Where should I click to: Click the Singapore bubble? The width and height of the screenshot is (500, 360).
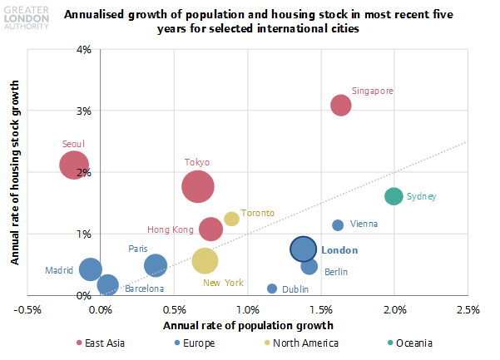coord(341,105)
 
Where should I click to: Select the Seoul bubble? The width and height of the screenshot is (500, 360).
coord(74,165)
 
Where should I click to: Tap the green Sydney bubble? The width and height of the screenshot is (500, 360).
coord(394,196)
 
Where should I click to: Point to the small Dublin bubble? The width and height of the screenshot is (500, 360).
coord(272,288)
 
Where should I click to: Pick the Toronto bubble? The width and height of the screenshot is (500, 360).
coord(231,219)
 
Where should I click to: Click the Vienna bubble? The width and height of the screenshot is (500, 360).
coord(338,225)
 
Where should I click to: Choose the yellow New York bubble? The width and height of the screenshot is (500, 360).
coord(205,260)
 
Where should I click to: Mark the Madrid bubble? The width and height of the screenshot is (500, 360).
coord(91,269)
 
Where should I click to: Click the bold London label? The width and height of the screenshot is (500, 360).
coord(339,250)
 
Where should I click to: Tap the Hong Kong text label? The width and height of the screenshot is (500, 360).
coord(171,229)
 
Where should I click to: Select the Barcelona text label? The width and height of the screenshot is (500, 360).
coord(144,288)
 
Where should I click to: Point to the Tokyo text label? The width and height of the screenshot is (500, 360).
coord(197,162)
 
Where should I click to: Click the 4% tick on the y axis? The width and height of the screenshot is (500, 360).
coord(84,50)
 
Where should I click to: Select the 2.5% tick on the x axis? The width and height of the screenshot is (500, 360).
coord(468,309)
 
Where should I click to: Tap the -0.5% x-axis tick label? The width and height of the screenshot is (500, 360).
coord(27,309)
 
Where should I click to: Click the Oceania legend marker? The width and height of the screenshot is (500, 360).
coord(390,343)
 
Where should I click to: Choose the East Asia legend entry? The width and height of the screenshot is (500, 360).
coord(101,343)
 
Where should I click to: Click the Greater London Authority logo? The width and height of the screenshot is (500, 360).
coord(27,17)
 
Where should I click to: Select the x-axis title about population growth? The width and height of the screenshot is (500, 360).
coord(248,326)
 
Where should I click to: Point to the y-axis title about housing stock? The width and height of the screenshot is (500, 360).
coord(15,172)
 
